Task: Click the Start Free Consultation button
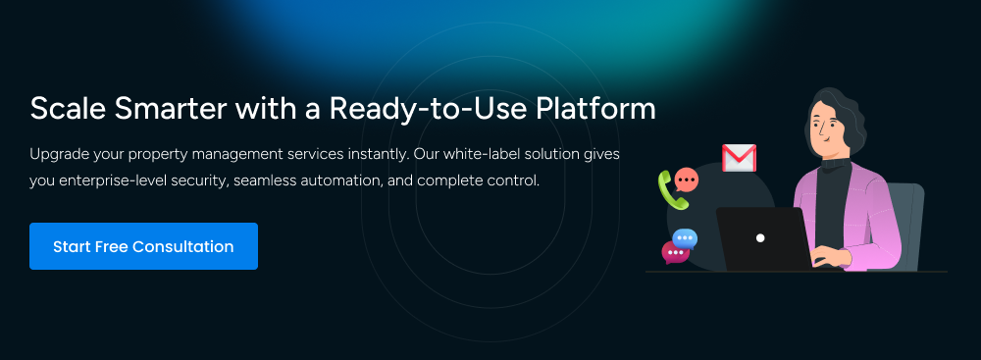[x=143, y=246]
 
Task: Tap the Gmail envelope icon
[x=738, y=158]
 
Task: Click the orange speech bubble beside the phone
[x=687, y=180]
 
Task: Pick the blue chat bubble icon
[x=686, y=237]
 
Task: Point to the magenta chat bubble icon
[x=675, y=252]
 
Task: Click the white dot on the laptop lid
[x=759, y=238]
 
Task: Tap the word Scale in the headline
[x=61, y=108]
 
